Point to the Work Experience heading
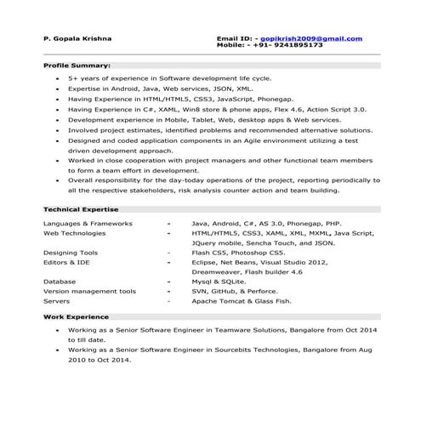[75, 316]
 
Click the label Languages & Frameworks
[88, 223]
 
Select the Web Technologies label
[75, 232]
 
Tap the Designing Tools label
[71, 253]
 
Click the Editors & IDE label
[68, 263]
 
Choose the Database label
[60, 282]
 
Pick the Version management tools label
[89, 291]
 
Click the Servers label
[56, 300]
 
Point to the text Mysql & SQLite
[219, 282]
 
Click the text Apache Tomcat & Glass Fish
[242, 300]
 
